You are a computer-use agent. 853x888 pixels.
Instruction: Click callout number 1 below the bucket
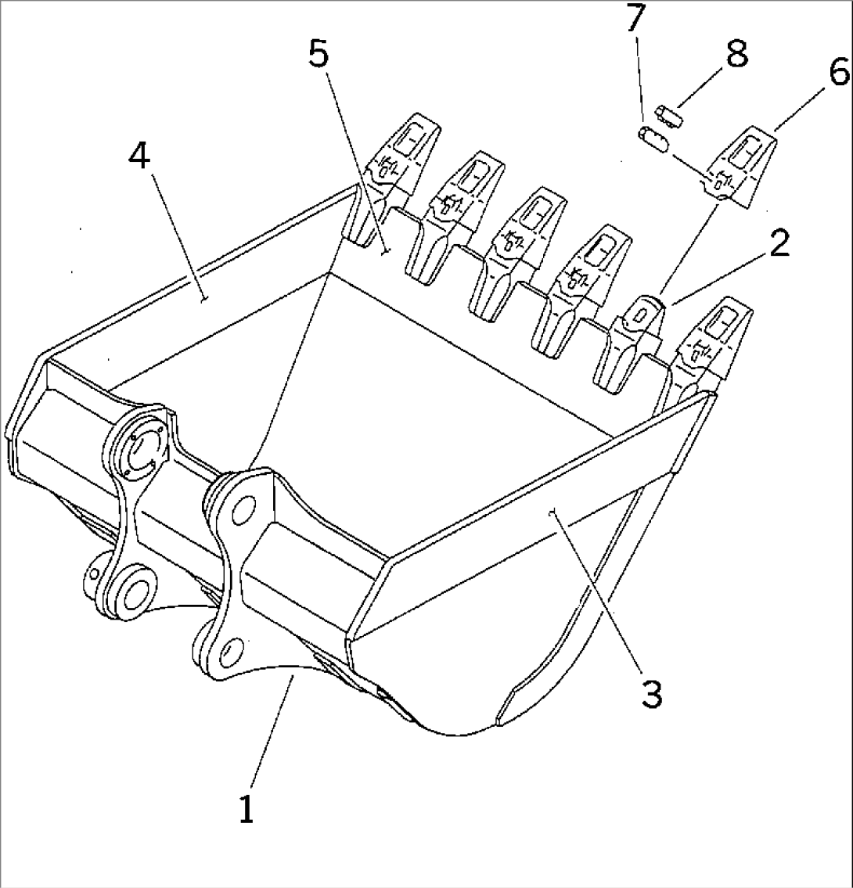coord(247,809)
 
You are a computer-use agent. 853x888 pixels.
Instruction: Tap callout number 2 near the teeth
coord(778,245)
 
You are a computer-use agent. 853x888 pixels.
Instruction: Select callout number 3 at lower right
coord(651,693)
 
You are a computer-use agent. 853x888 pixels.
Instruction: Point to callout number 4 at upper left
coord(139,158)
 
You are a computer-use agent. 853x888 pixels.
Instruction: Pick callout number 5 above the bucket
coord(319,55)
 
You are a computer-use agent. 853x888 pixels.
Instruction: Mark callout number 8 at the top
coord(736,54)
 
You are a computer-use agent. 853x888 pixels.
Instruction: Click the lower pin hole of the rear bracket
coord(134,588)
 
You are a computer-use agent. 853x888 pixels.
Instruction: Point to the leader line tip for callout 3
coord(553,512)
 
